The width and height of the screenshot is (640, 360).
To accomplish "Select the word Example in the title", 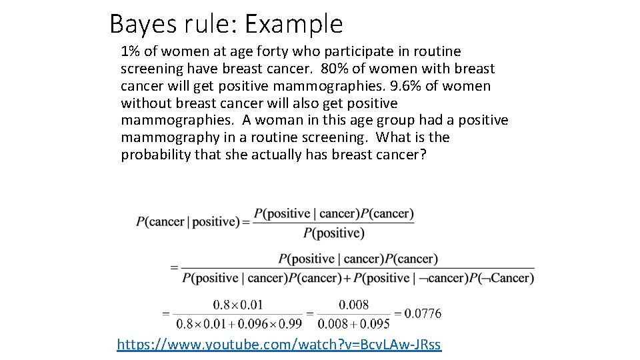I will (x=294, y=25).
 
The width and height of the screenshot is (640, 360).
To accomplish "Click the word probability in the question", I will (x=155, y=155).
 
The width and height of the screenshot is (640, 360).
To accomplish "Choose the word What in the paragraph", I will (x=394, y=137).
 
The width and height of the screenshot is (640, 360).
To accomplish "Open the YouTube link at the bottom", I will (x=279, y=345).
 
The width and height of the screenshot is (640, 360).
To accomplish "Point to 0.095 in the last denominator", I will (x=377, y=324).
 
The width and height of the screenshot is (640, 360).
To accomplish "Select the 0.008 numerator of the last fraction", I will (x=353, y=305).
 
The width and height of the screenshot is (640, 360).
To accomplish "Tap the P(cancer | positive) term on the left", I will (x=187, y=222).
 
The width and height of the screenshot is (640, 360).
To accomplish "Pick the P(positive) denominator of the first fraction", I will (x=333, y=233).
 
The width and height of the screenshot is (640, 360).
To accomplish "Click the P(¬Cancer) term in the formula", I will (x=501, y=277).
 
